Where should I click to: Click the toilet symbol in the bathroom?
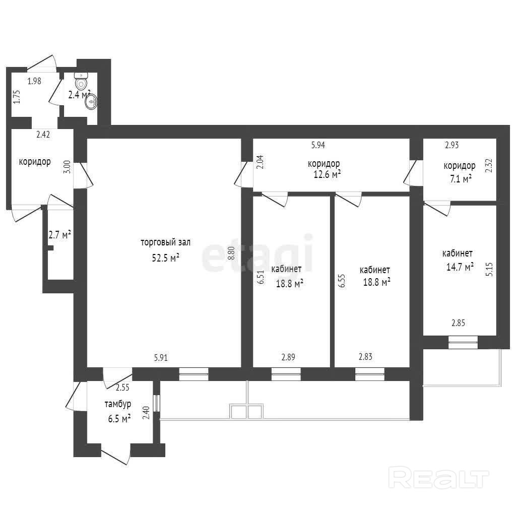[81, 80]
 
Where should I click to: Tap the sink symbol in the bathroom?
[91, 102]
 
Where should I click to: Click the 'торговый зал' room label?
[165, 243]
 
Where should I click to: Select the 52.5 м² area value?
[165, 257]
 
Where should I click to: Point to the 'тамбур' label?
[118, 404]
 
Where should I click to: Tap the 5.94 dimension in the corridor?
[318, 145]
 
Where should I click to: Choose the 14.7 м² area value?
[460, 267]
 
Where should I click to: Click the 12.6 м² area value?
[327, 174]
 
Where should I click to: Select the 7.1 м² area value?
[461, 179]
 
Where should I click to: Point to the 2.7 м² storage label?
[60, 235]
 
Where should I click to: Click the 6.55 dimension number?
[342, 281]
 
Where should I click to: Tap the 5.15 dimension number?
[490, 269]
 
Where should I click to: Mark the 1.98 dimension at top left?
[34, 81]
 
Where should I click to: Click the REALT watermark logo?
[439, 478]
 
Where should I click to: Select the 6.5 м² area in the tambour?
[119, 419]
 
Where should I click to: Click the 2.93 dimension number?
[452, 145]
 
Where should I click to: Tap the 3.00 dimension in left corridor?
[67, 167]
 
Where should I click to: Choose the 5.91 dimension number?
[161, 357]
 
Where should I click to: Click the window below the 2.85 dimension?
[463, 342]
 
